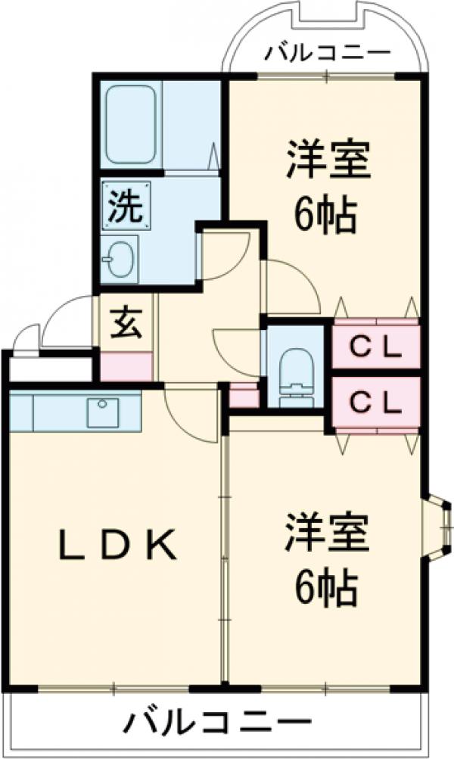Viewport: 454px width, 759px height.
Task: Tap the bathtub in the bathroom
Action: tap(132, 125)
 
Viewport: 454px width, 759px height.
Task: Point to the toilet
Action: tap(295, 369)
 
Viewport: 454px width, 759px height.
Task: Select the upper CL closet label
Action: tap(376, 347)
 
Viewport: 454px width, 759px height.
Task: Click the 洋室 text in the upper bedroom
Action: tap(328, 160)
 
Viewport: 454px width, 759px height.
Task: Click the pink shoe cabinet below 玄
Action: tap(126, 366)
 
